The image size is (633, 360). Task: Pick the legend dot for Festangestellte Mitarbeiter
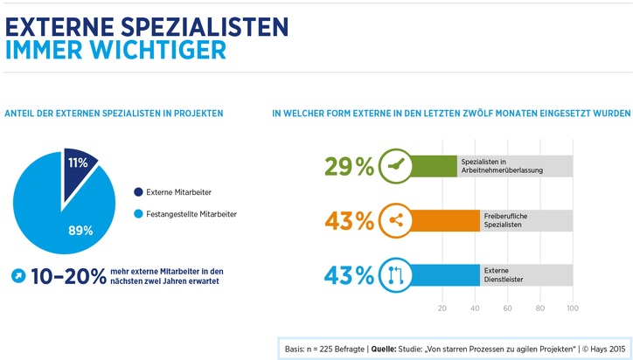tap(138, 214)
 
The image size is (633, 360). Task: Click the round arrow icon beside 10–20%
tap(17, 277)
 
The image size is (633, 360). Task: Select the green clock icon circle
tap(395, 166)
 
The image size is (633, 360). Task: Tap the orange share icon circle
tap(395, 221)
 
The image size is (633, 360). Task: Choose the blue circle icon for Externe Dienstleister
tap(395, 276)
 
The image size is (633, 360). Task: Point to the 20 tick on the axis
tap(442, 308)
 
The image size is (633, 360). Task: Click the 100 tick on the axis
tap(573, 308)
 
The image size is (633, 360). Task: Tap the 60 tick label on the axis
tap(508, 308)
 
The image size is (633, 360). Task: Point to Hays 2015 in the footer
tap(603, 348)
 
